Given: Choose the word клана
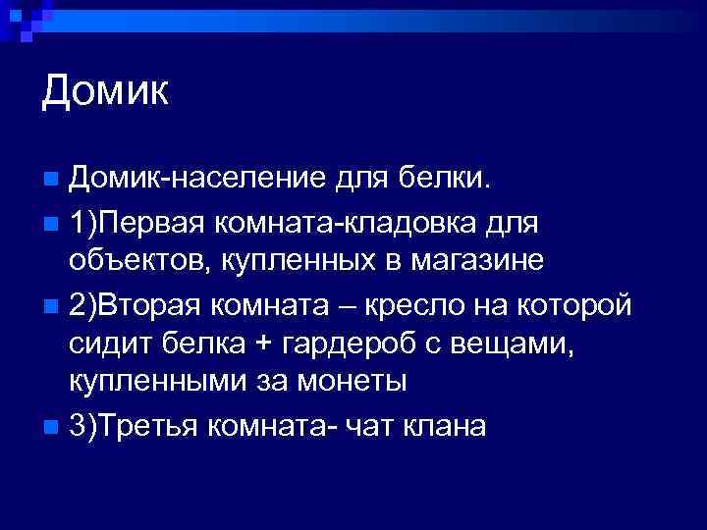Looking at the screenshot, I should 448,429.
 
